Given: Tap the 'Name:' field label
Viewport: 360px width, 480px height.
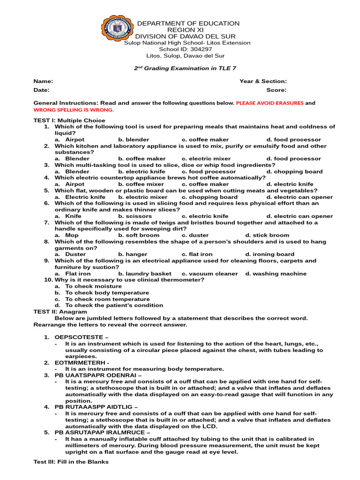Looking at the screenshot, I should click(x=40, y=82).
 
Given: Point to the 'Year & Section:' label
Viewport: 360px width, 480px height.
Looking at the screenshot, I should click(x=263, y=82).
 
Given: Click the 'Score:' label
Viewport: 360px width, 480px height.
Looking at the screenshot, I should click(x=277, y=90).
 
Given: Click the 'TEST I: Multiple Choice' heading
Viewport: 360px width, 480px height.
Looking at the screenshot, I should click(x=69, y=120).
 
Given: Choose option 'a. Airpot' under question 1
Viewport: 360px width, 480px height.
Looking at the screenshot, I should click(x=70, y=140).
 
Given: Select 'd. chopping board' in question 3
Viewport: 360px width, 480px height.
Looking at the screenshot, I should click(x=294, y=172).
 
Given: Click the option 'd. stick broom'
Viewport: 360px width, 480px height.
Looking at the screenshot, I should click(x=267, y=235).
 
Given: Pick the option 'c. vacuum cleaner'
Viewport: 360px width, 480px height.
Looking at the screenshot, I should click(x=210, y=274).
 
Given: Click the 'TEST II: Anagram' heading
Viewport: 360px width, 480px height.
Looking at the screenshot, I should click(x=60, y=312).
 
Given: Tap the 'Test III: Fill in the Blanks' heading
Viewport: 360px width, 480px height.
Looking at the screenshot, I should click(x=71, y=462).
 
